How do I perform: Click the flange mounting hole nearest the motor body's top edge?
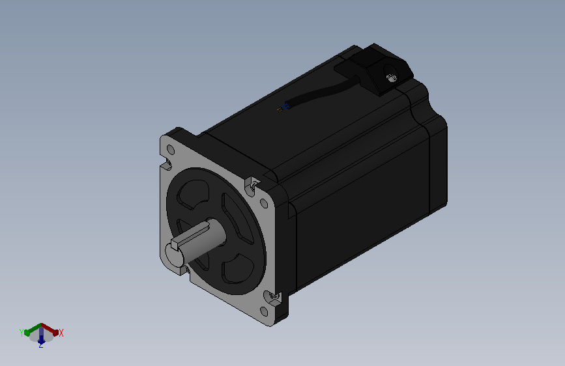tap(264, 204)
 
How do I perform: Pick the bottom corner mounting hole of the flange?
tap(264, 311)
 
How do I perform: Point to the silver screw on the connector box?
tap(390, 77)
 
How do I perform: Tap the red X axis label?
tap(61, 333)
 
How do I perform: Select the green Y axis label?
tap(22, 333)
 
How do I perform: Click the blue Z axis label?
tap(40, 345)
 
